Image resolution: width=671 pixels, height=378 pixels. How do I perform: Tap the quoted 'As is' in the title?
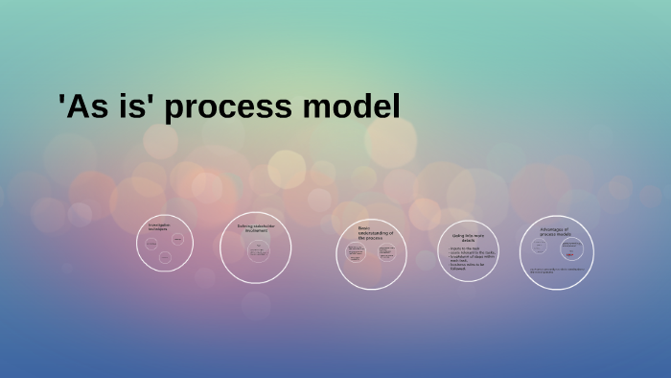pos(106,106)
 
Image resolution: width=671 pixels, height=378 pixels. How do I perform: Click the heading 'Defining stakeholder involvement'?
pos(255,229)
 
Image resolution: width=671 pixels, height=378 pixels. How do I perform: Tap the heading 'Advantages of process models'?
pos(554,231)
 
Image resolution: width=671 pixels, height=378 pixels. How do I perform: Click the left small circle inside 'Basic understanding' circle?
pos(356,254)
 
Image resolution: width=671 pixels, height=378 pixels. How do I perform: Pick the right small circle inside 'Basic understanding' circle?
pos(386,254)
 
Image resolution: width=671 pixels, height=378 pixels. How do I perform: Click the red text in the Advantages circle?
pos(572,256)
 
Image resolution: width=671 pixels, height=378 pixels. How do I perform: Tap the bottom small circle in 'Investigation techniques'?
pos(165,257)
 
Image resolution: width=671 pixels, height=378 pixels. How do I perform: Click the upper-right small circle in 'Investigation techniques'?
pos(178,238)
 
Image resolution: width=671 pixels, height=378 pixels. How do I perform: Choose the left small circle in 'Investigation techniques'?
pos(151,244)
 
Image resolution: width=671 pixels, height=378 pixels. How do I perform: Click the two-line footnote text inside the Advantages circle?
pos(557,272)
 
